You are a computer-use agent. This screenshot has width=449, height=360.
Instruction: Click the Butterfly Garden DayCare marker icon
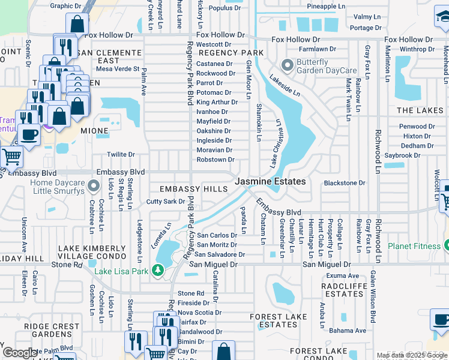click(288, 64)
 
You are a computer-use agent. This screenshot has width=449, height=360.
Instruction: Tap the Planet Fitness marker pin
click(446, 245)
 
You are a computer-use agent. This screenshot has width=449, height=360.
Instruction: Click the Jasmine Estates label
click(270, 181)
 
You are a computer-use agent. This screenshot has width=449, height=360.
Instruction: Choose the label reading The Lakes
click(420, 110)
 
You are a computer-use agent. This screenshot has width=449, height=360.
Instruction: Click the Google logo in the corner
click(20, 353)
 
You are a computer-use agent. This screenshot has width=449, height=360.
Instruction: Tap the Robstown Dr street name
click(215, 160)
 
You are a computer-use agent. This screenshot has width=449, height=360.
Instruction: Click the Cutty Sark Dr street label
click(166, 202)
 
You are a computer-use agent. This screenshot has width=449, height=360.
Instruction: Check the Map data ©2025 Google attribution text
click(412, 355)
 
